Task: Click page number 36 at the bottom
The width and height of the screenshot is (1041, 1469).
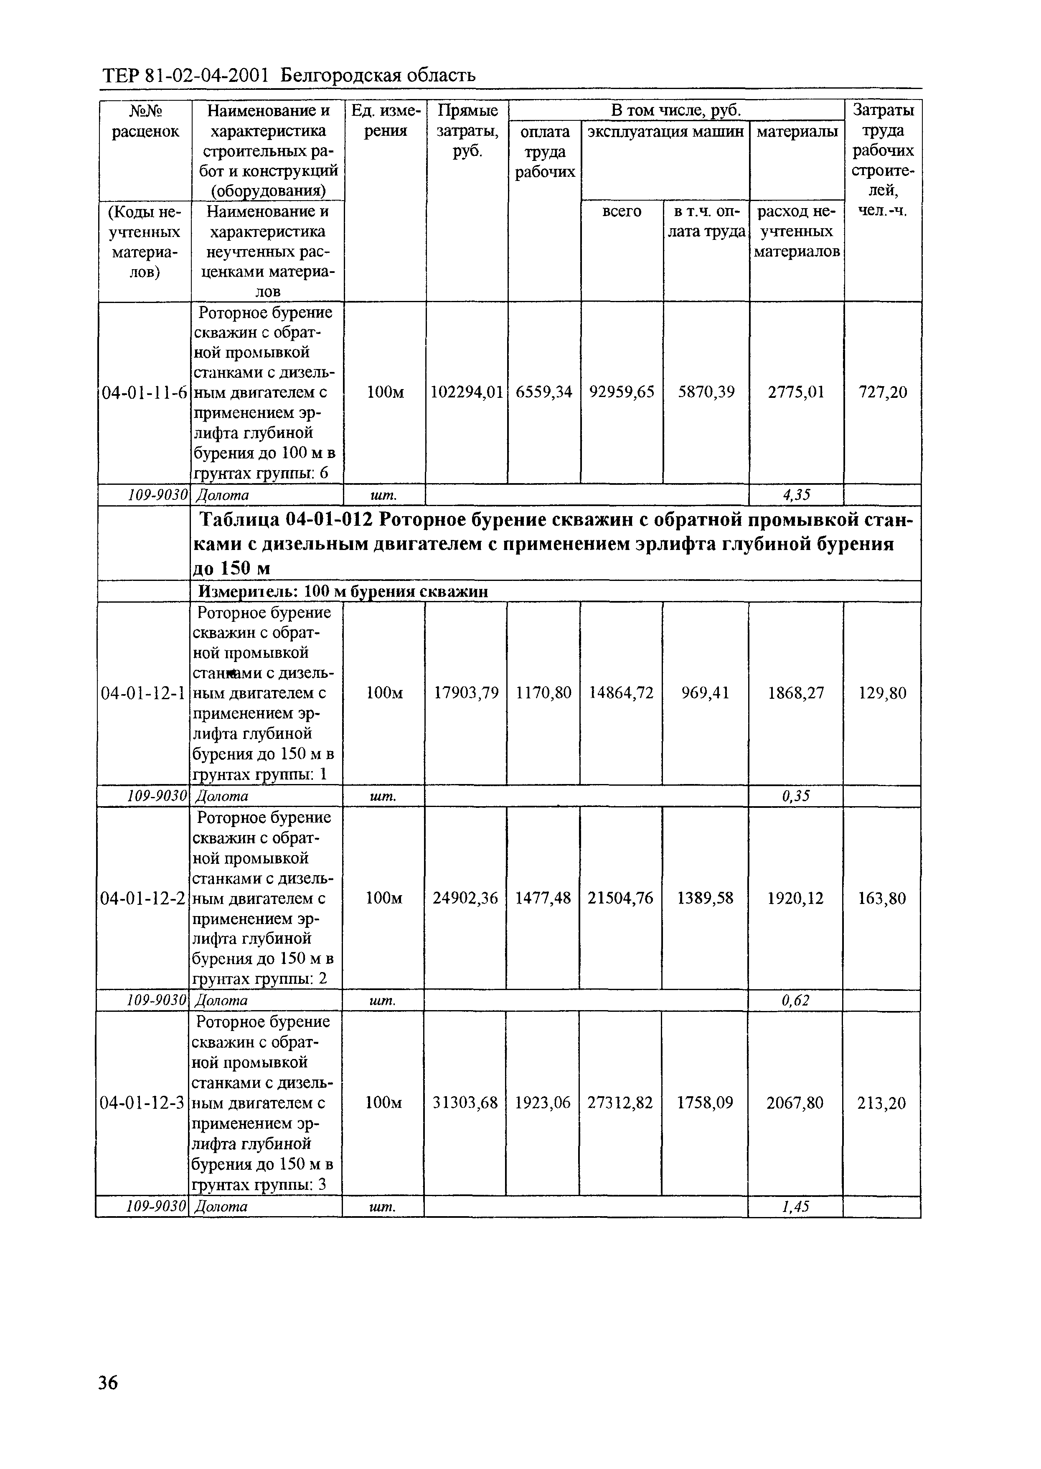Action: (108, 1382)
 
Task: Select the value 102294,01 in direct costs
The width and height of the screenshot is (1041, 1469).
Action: (466, 392)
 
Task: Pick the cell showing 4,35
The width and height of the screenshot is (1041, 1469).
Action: (796, 494)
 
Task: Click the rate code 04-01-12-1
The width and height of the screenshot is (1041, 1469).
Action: (144, 693)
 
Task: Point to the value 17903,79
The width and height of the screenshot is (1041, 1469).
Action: (466, 693)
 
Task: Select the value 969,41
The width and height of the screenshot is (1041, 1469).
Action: (705, 693)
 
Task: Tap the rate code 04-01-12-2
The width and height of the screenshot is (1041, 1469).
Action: (143, 899)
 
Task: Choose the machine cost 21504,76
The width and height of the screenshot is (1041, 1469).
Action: (620, 899)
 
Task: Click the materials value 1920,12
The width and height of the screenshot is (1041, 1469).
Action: (795, 899)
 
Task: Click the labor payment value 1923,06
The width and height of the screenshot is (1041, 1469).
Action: (542, 1103)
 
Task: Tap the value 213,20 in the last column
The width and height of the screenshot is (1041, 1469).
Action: (881, 1103)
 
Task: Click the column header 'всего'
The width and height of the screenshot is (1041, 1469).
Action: (622, 211)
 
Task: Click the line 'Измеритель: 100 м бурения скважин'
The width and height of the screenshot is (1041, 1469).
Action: (343, 591)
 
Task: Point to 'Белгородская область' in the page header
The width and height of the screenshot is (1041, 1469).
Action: (378, 76)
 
